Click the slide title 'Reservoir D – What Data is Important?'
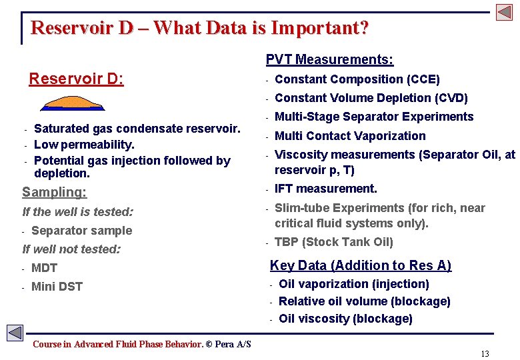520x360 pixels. click(x=199, y=28)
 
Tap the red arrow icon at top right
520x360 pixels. click(x=503, y=12)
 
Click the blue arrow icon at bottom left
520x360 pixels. click(x=15, y=333)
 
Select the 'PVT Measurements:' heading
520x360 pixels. click(x=329, y=60)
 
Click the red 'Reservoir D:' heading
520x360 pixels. click(x=76, y=79)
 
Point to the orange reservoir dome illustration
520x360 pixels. click(x=71, y=103)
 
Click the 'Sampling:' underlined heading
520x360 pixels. click(x=54, y=193)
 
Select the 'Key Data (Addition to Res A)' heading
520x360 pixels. click(x=360, y=265)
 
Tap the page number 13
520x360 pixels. click(x=485, y=353)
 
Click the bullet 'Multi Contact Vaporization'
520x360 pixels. click(x=350, y=136)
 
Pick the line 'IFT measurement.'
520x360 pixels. click(x=326, y=189)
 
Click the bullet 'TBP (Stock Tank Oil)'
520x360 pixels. click(x=334, y=242)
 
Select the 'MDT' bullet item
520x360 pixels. click(x=45, y=268)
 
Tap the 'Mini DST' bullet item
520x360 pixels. click(x=57, y=287)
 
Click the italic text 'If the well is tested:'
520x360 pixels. click(x=78, y=212)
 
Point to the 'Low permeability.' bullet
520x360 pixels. click(x=84, y=145)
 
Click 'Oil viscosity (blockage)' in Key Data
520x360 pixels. click(x=345, y=319)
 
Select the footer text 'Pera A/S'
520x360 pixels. click(x=233, y=344)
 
